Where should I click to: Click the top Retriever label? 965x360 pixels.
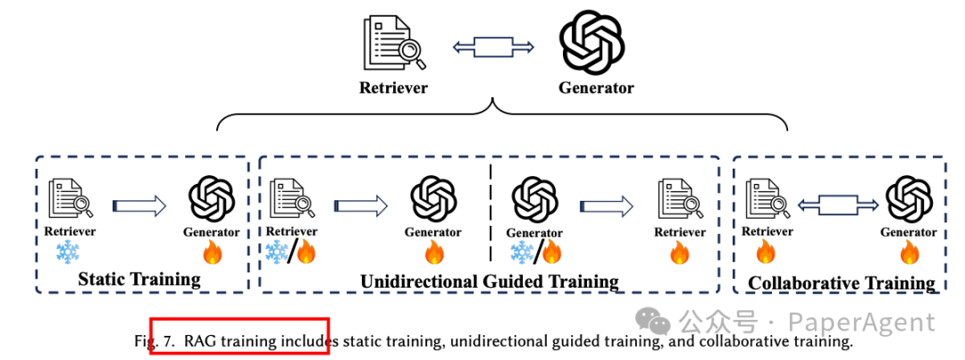point(393,88)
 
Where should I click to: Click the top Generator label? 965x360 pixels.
point(596,88)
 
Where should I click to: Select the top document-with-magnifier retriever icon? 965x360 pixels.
point(394,44)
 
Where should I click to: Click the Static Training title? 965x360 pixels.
point(139,279)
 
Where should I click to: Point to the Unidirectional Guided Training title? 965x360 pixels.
point(489,281)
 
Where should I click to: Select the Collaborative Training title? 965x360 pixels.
point(841,283)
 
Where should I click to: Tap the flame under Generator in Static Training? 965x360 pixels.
point(212,254)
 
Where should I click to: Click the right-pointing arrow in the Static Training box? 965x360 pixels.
point(139,206)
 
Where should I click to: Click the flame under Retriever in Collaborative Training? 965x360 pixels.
point(767,254)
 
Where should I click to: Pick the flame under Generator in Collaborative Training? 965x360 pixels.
point(909,254)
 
